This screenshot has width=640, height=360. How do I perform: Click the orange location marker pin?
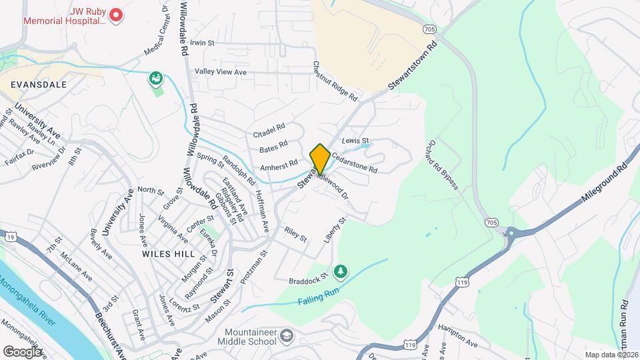pyautogui.click(x=320, y=158)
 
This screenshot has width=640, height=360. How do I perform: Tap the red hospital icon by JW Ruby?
pyautogui.click(x=116, y=14)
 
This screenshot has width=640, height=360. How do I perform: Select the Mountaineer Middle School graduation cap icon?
pyautogui.click(x=287, y=335)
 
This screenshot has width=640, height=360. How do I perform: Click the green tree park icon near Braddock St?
pyautogui.click(x=341, y=270)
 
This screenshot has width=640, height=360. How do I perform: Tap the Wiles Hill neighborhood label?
pyautogui.click(x=168, y=254)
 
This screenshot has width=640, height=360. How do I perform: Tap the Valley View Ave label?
pyautogui.click(x=221, y=72)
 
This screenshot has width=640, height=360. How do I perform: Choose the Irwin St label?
pyautogui.click(x=202, y=43)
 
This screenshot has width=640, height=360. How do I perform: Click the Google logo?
pyautogui.click(x=22, y=351)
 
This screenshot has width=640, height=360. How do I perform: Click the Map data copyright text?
pyautogui.click(x=611, y=354)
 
